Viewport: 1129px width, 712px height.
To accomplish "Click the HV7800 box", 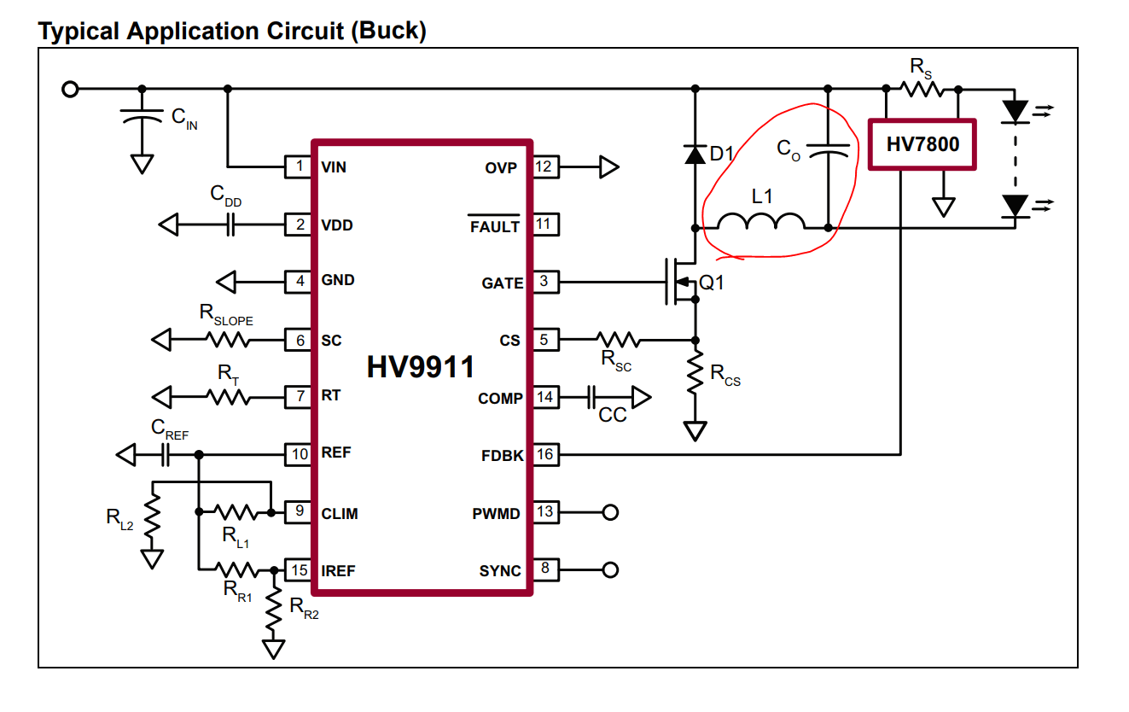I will click(922, 144).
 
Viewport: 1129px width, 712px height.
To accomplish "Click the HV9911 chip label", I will click(421, 368).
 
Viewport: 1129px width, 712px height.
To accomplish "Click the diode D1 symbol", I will click(695, 155).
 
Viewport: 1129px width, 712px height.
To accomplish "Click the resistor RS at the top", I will click(921, 88).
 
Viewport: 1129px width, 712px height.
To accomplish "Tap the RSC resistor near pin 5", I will click(616, 340).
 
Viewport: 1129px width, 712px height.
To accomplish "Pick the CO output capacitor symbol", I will click(828, 151).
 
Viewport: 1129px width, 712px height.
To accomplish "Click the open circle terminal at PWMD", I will click(610, 512).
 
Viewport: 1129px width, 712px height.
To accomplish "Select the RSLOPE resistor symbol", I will click(227, 340).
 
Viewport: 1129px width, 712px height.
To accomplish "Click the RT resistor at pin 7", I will click(227, 397).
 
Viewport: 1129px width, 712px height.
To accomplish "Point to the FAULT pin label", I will click(494, 227).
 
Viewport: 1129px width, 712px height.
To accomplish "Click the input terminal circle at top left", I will click(71, 88).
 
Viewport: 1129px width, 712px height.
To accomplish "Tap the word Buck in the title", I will click(389, 32).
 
